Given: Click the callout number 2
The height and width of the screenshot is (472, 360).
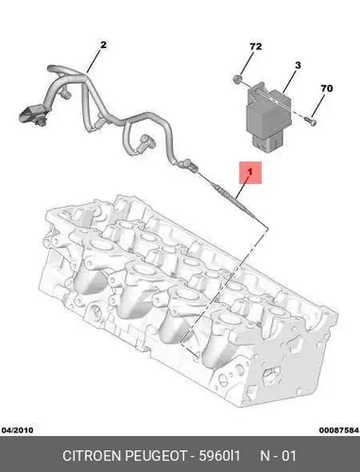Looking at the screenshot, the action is (103, 44).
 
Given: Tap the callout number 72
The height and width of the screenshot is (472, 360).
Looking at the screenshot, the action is (255, 46).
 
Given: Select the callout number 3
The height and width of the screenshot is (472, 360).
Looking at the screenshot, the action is (298, 65).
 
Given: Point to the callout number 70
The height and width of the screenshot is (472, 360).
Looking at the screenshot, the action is (327, 89).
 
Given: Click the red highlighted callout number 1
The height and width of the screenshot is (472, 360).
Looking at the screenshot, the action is (250, 173).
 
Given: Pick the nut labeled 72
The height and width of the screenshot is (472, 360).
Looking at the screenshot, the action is (237, 78).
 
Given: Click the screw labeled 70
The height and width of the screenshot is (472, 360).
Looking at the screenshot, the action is (311, 121).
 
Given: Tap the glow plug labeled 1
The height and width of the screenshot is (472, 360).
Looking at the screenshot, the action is (234, 200).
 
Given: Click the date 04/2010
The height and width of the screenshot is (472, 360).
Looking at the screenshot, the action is (17, 430).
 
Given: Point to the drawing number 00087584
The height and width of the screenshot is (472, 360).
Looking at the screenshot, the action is (339, 430).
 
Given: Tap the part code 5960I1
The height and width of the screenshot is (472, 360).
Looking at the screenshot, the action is (219, 456).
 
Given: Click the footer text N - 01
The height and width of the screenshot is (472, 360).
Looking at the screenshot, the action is (278, 456).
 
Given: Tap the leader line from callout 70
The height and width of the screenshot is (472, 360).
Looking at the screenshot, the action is (318, 105).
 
